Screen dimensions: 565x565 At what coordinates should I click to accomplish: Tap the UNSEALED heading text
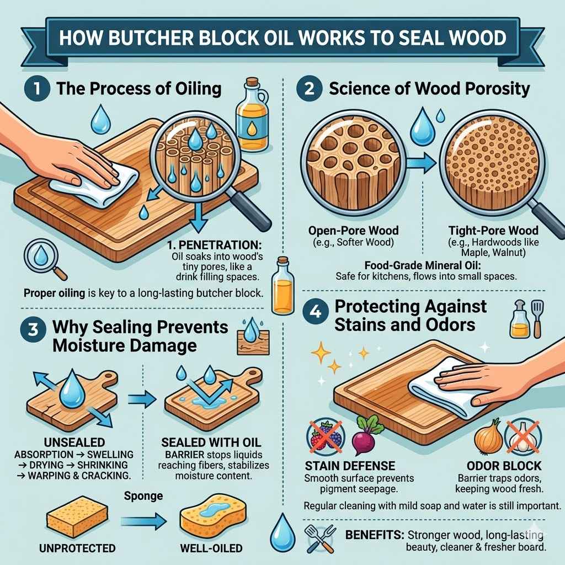tap(72, 443)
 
